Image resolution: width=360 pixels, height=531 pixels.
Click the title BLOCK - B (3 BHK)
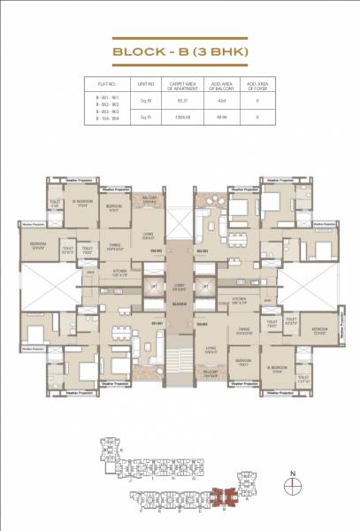pos(179,50)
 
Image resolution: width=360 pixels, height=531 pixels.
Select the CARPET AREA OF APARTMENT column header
pos(181,87)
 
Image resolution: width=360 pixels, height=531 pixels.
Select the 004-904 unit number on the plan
pos(201,323)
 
